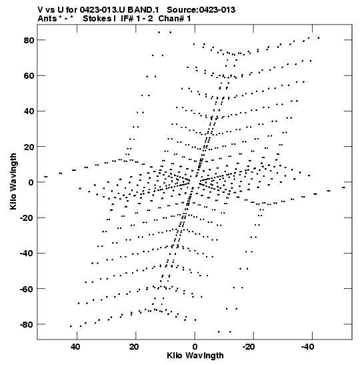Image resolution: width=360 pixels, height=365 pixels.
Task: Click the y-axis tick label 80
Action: [29, 40]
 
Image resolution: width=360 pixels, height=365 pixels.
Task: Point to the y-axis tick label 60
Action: [29, 76]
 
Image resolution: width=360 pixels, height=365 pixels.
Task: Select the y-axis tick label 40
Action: [29, 111]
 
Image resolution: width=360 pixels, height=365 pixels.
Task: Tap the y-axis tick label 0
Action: [31, 182]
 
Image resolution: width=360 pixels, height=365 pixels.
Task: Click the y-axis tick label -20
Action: [27, 218]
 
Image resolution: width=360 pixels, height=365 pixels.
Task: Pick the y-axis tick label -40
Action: [27, 254]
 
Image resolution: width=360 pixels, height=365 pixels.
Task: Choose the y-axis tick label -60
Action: [27, 289]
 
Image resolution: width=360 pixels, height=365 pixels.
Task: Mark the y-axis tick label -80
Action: [27, 324]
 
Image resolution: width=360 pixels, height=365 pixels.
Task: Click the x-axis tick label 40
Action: [75, 347]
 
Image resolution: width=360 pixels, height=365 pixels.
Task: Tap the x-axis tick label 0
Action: [195, 347]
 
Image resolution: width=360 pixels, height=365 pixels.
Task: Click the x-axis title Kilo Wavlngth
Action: [195, 356]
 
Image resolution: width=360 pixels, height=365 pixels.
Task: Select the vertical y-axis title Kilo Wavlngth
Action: [13, 181]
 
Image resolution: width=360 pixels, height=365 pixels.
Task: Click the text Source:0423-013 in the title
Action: [201, 10]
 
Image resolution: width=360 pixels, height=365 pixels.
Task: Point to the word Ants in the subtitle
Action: [47, 19]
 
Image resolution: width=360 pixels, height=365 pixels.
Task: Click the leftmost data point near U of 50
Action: [46, 177]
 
